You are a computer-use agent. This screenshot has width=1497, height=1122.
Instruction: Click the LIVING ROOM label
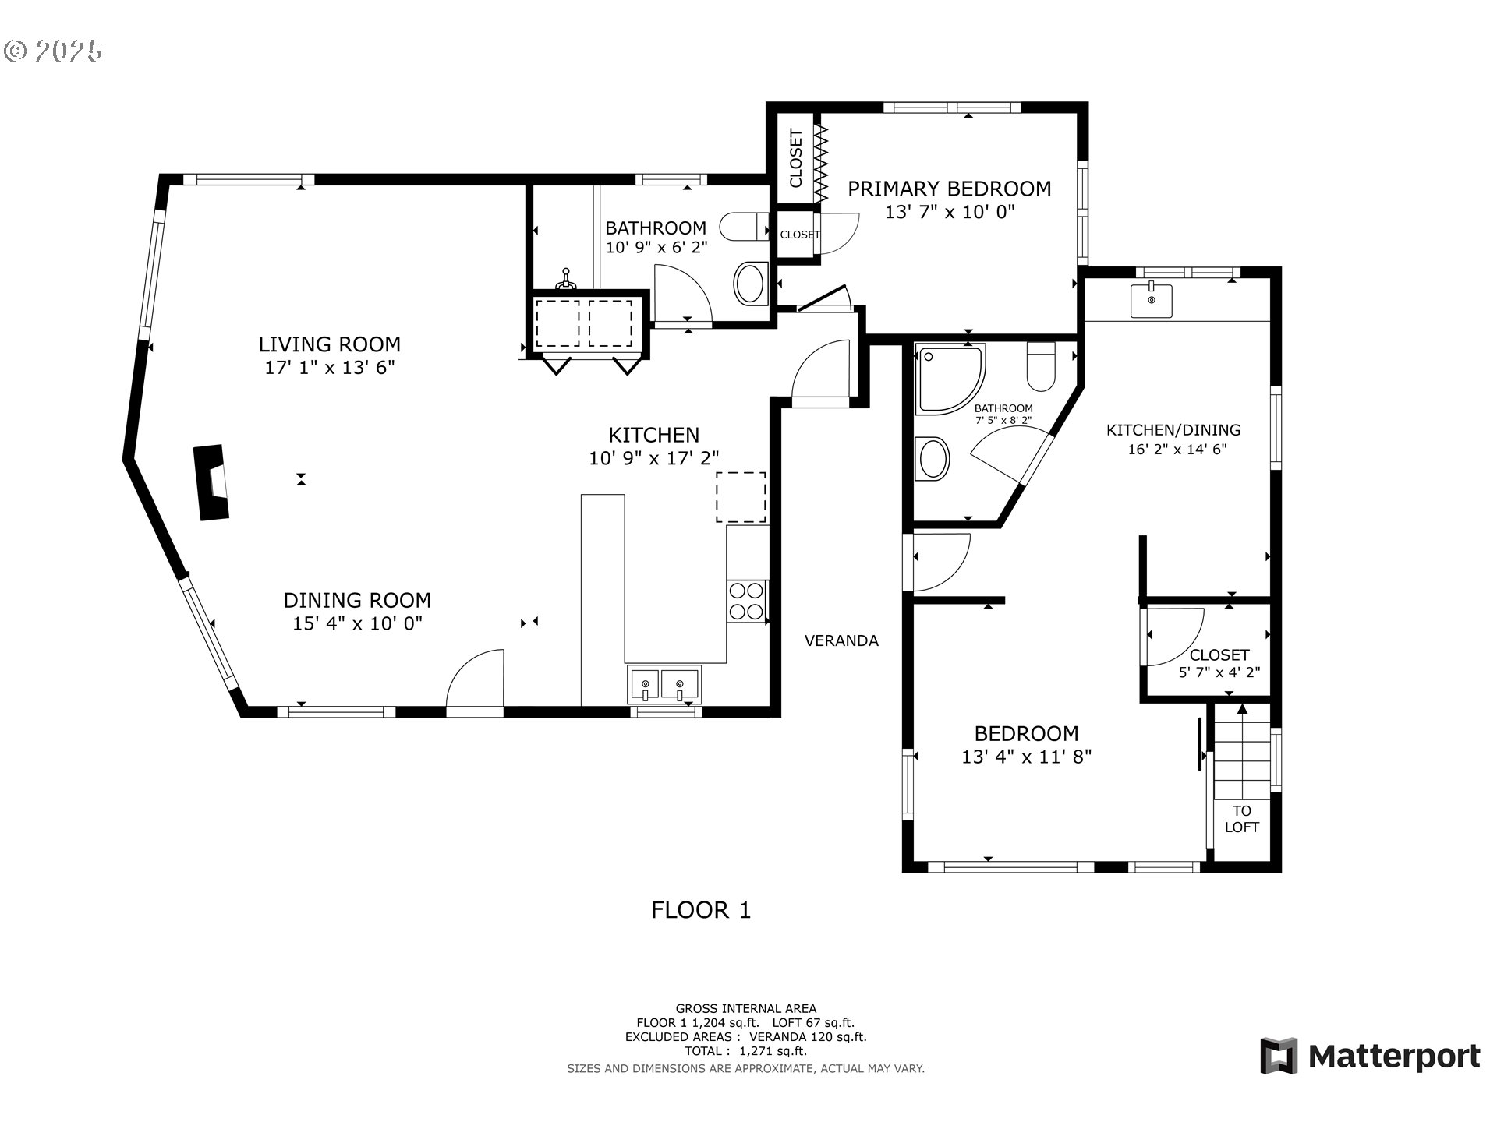329,344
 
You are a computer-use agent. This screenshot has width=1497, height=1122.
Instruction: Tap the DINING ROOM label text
357,600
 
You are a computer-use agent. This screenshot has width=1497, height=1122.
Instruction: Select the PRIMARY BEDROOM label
950,189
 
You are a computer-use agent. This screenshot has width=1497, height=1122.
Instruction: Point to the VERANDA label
841,640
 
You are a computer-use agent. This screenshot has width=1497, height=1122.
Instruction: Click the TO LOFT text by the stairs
1242,819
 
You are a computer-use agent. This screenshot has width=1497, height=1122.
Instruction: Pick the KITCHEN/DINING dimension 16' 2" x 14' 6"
1177,449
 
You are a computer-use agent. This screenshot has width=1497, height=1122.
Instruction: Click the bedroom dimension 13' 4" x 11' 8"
1026,756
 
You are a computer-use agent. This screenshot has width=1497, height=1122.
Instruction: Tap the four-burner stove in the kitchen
746,602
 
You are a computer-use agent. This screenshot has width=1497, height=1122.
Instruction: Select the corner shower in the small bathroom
951,378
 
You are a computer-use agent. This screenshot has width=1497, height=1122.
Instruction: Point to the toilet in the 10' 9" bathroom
744,227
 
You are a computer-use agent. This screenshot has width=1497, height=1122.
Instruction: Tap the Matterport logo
1370,1056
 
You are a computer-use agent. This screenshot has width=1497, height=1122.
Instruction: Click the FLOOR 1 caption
701,910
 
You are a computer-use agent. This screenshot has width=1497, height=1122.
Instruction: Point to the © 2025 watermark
53,51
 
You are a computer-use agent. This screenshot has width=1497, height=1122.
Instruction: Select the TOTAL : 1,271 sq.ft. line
745,1051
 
